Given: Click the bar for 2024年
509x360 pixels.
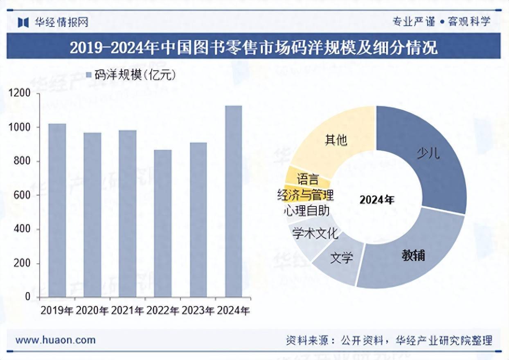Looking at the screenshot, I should pos(234,201).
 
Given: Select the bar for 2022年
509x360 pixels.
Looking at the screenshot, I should pos(163,223).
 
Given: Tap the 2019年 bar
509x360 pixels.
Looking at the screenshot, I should pos(57,210).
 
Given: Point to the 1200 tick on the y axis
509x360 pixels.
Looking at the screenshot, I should pos(20,94).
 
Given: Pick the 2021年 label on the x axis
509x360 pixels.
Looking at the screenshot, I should pos(127,311).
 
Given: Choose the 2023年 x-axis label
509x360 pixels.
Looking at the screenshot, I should pos(198,311).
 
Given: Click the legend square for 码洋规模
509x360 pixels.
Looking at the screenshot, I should pos(89,74).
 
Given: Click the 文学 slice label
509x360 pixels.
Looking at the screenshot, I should pos(342,258).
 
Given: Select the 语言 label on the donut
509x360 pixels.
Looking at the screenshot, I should pos(308,179).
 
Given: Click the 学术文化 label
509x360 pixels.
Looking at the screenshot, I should pos(315,234).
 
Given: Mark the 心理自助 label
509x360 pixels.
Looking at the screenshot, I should pos(306,210).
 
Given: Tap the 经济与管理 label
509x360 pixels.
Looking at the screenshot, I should pos(305,195).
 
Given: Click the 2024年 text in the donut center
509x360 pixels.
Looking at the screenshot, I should pos(377,200).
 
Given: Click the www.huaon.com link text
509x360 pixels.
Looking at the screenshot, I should pos(55,340).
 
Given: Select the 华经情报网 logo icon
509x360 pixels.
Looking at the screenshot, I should pos(23,22).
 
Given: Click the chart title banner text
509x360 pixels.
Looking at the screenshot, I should pos(254,48).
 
